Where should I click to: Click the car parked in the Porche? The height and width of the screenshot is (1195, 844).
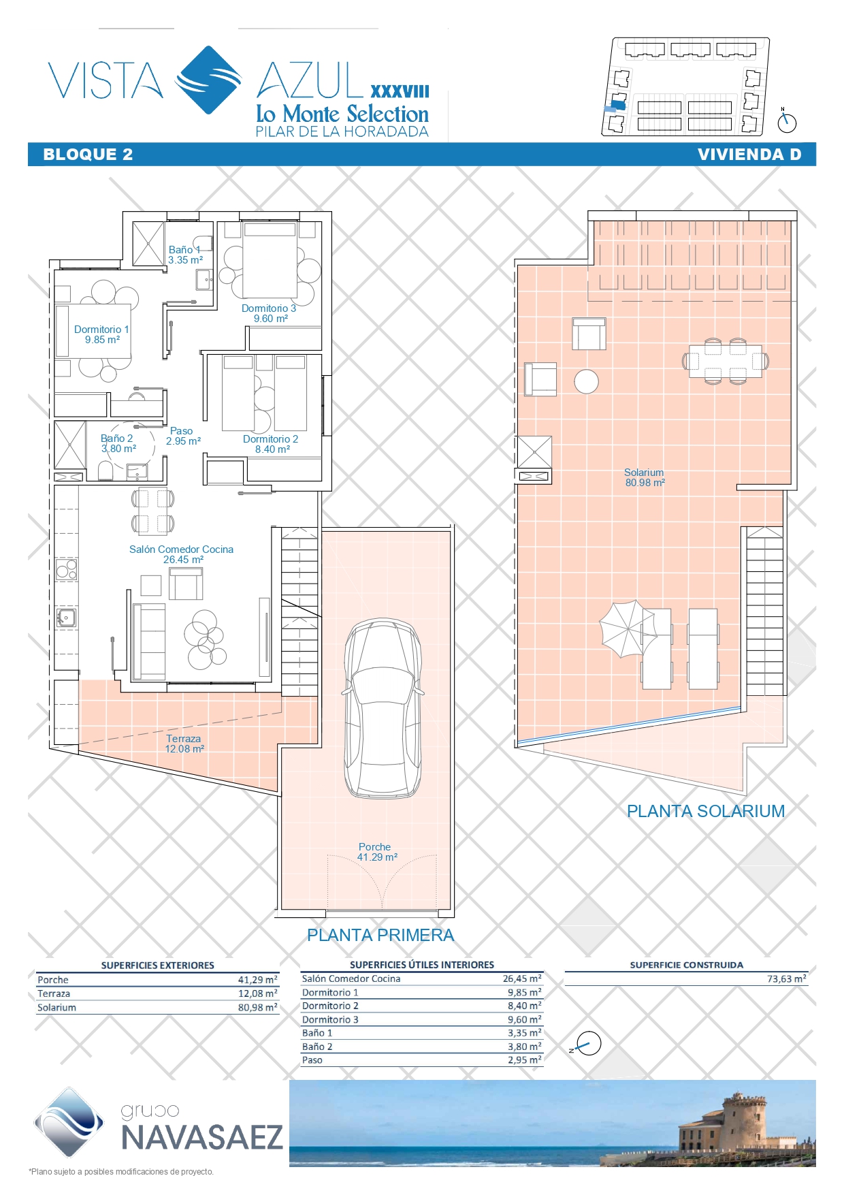[x=383, y=708]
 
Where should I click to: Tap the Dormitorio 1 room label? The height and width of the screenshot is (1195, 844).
[x=101, y=334]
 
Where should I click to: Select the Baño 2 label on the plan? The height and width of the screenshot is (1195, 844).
[x=118, y=443]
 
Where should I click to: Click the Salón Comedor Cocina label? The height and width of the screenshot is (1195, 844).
[x=181, y=554]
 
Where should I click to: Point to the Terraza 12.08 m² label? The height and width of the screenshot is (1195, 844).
[x=184, y=744]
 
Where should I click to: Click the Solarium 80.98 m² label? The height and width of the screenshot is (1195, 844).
[x=645, y=477]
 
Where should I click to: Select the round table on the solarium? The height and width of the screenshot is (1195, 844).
[x=586, y=381]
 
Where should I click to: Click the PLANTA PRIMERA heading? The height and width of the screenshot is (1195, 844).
[x=380, y=935]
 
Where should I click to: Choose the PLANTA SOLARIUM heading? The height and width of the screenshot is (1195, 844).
[x=706, y=811]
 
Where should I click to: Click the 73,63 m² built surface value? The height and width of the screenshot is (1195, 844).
[x=787, y=978]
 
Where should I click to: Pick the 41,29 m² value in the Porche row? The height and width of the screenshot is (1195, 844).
[x=257, y=980]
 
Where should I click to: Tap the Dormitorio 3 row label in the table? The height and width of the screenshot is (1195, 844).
[x=330, y=1019]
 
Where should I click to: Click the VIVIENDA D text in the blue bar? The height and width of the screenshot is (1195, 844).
[x=749, y=155]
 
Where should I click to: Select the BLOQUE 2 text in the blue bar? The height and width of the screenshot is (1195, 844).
[x=88, y=155]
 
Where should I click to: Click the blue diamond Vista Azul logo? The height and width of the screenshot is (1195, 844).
[x=209, y=80]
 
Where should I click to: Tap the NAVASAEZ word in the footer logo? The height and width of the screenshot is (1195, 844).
[x=201, y=1138]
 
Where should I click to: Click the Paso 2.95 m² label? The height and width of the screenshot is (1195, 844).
[x=183, y=436]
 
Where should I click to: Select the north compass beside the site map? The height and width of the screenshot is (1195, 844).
[x=787, y=122]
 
